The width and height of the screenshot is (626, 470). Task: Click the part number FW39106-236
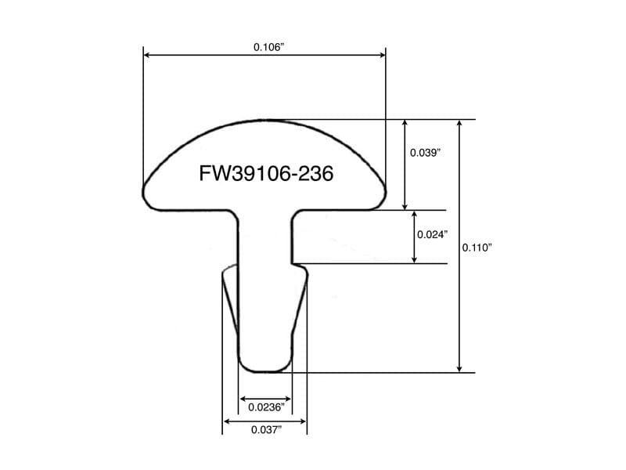(x=266, y=173)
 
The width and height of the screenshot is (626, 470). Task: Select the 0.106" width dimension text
(x=268, y=47)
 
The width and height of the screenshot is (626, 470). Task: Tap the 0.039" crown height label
(x=425, y=152)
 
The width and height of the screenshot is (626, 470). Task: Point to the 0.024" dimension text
(x=433, y=234)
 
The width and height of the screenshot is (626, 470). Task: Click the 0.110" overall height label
(x=477, y=248)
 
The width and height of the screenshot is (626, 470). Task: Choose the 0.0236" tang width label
(x=266, y=407)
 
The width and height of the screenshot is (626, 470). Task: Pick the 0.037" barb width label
(x=266, y=429)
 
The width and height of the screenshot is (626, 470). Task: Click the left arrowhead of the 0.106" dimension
(x=146, y=55)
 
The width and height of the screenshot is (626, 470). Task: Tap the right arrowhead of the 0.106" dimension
(x=383, y=55)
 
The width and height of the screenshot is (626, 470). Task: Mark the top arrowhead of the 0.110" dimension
(x=459, y=123)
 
